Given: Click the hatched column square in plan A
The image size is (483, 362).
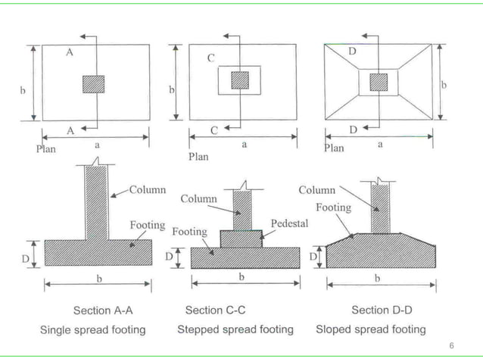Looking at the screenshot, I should (93, 83).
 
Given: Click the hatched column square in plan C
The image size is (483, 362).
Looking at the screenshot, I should (239, 80).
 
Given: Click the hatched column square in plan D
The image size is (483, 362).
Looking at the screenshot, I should (378, 81).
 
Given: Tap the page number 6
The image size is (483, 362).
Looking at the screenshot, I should (452, 345).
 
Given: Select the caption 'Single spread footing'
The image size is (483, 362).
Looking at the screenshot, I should (92, 329).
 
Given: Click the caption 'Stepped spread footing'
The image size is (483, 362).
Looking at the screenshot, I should (235, 329).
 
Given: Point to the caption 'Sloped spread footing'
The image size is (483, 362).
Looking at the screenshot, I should (370, 329).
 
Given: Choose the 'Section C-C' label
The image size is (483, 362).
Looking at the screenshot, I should (215, 311).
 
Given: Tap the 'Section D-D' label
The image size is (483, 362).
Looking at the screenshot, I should (382, 311).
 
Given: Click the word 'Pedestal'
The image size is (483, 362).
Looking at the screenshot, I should (289, 224).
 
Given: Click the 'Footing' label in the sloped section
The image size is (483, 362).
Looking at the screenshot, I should (333, 207).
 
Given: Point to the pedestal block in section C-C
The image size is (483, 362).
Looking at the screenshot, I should (241, 238).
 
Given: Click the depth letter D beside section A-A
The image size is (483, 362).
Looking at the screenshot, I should (25, 259).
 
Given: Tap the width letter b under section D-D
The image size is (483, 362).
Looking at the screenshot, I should (378, 278).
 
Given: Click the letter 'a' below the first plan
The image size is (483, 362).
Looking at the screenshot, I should (95, 143).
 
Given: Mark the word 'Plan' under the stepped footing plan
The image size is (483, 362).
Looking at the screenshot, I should (198, 157).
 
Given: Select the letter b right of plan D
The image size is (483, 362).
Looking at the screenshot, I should (444, 85).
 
